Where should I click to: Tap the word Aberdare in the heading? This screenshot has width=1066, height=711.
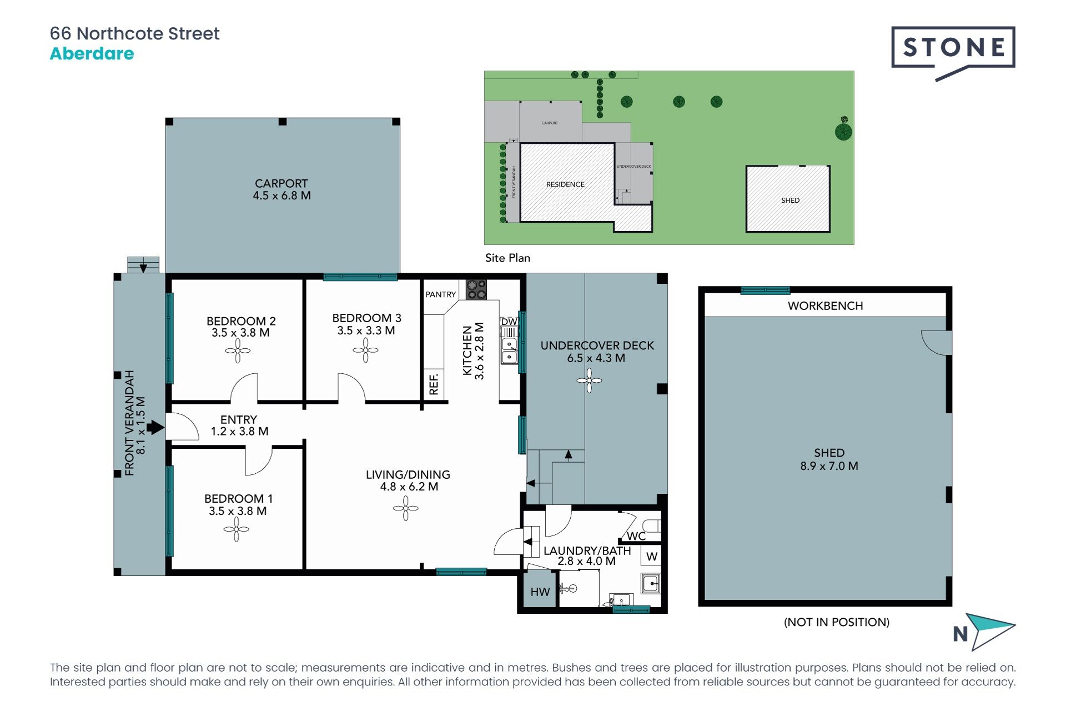tap(92, 54)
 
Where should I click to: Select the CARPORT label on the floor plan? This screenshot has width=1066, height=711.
tap(281, 183)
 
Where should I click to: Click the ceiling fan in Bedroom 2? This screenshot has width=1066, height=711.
tap(238, 351)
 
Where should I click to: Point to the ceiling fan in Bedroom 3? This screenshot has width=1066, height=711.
tap(365, 350)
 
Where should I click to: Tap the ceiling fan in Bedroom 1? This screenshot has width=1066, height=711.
tap(237, 529)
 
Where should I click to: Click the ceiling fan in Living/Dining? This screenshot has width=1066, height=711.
tap(406, 508)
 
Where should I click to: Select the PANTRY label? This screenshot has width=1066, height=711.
tap(441, 294)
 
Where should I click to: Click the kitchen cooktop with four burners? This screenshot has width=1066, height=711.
tap(476, 289)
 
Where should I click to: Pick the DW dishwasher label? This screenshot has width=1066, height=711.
tap(509, 322)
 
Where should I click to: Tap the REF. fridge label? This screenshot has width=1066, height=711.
tap(434, 384)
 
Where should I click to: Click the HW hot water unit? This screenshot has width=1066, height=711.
tap(540, 592)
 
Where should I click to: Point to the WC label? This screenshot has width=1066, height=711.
tap(636, 536)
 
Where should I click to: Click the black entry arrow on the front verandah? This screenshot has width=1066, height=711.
tap(155, 427)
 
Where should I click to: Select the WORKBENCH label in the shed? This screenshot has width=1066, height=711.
tap(826, 306)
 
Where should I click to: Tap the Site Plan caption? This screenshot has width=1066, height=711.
tap(507, 258)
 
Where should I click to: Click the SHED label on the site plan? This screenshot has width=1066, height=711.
tap(791, 201)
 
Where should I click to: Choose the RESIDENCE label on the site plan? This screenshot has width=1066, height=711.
tap(565, 184)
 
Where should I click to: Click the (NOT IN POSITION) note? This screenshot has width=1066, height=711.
tap(837, 622)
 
